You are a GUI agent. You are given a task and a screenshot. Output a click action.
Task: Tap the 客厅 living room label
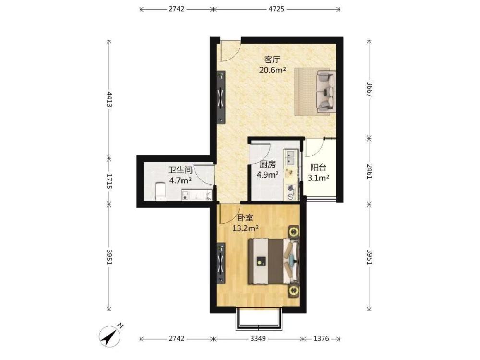[273, 60]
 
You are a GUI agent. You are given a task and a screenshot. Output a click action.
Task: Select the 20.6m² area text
[273, 71]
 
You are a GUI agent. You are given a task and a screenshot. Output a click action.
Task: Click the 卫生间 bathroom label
[180, 170]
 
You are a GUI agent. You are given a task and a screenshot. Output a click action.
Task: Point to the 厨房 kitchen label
[267, 165]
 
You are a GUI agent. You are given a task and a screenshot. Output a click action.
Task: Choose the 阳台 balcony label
[318, 168]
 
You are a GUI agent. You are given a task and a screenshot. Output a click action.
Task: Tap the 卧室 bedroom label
[245, 218]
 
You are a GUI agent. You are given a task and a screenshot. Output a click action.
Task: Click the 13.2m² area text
[246, 228]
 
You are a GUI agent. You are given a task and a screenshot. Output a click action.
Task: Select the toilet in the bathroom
[160, 192]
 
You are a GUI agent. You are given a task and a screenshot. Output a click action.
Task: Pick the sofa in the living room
[325, 91]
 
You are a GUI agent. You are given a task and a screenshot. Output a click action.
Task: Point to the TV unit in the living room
[221, 97]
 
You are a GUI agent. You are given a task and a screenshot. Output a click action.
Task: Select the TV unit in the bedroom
[221, 263]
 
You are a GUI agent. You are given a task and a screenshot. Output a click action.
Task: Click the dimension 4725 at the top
[276, 9]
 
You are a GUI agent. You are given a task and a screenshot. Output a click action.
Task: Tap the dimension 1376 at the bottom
[321, 338]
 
